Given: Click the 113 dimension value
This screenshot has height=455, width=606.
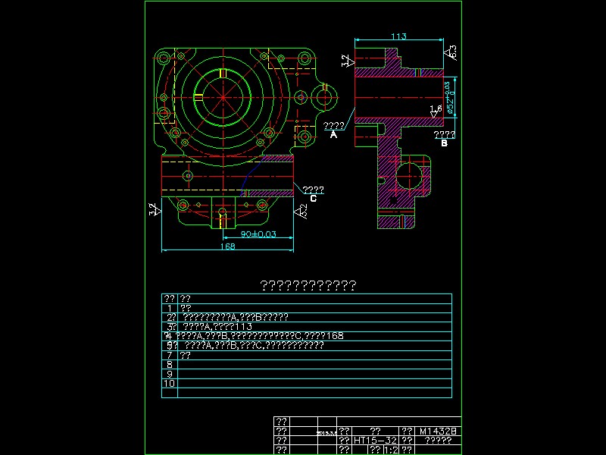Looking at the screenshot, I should tap(398, 36).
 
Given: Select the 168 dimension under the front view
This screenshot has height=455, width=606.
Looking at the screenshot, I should tap(227, 246).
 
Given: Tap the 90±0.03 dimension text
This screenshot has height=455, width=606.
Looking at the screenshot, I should tap(258, 234).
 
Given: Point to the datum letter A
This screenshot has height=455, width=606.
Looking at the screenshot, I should tap(333, 135).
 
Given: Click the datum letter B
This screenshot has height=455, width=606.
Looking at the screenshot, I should tap(444, 143).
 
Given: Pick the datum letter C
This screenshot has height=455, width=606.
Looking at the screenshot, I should tap(313, 199).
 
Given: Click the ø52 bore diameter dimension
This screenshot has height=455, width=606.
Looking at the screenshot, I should tap(450, 98).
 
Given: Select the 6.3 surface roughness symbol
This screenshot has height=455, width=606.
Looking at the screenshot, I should tap(452, 52).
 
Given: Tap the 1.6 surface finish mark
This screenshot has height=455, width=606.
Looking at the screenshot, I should tap(436, 110).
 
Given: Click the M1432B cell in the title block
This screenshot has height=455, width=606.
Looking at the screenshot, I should tap(439, 431).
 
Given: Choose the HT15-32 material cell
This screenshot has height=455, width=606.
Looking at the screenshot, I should tap(376, 440).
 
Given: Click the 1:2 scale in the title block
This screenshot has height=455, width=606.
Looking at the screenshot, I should tap(392, 450).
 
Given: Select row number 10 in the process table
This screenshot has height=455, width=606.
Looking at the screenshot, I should tap(169, 384).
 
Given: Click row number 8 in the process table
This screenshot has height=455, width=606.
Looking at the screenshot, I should tap(169, 365).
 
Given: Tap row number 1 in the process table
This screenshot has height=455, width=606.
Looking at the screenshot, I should tap(169, 308).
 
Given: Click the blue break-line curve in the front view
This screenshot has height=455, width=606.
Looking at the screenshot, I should tap(251, 176).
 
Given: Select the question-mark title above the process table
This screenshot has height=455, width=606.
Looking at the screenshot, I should tap(308, 285).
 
